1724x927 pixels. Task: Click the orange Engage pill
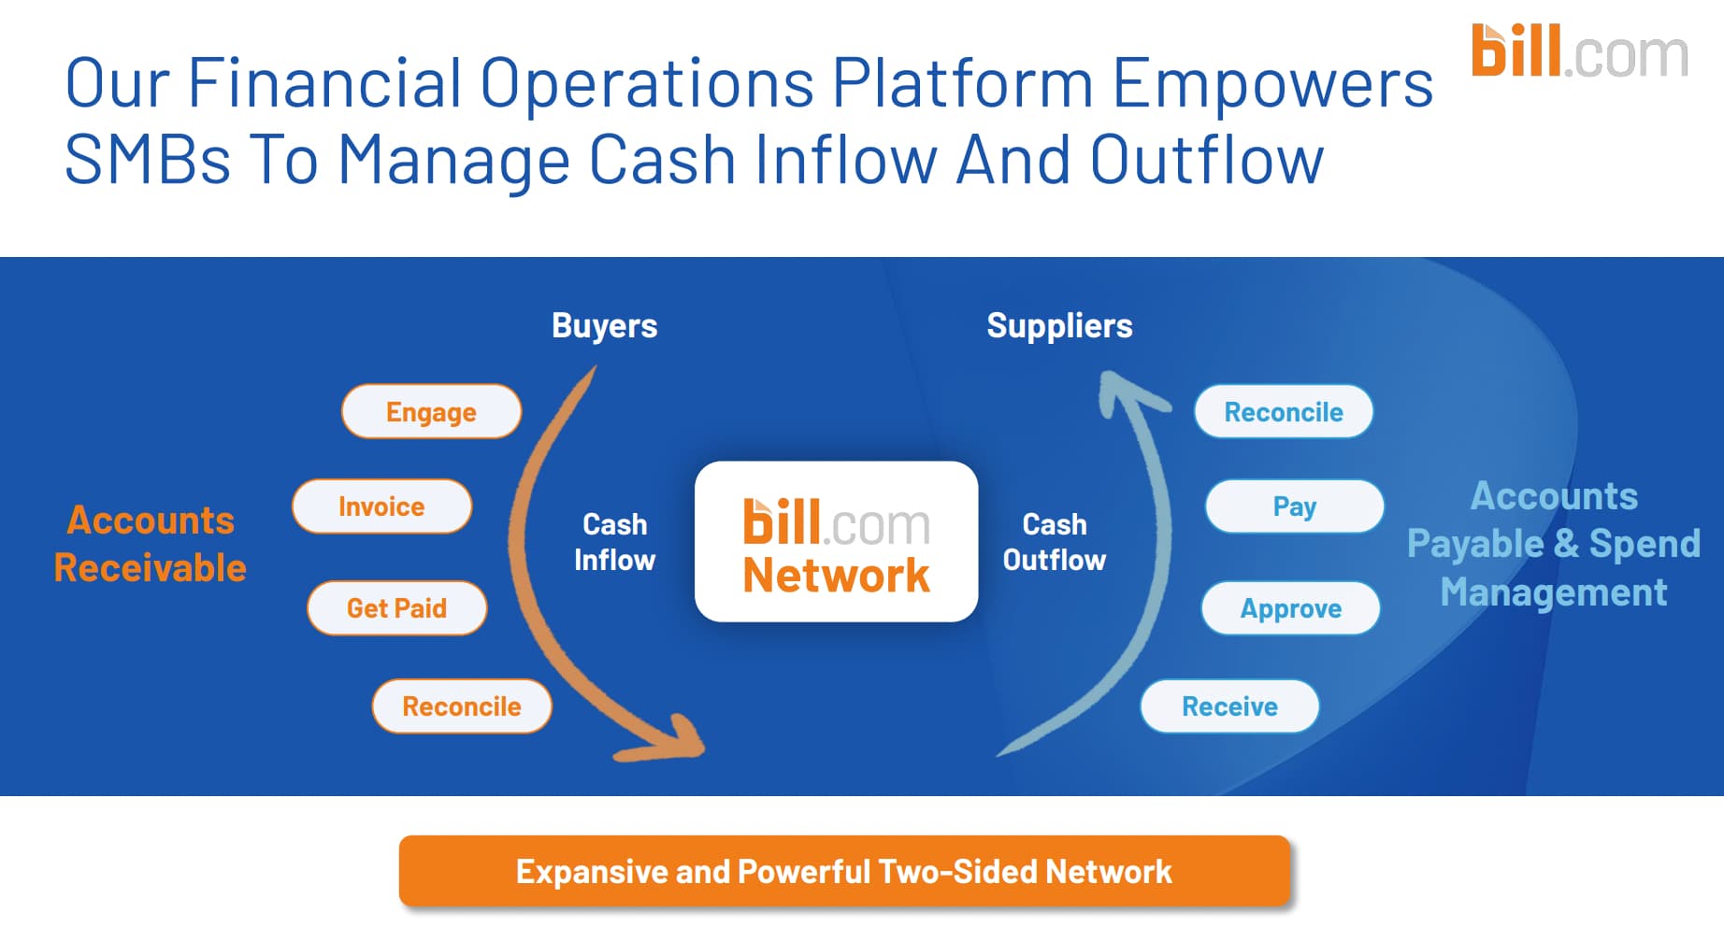pyautogui.click(x=431, y=411)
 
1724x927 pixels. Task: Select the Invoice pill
pyautogui.click(x=381, y=506)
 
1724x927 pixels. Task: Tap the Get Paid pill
pyautogui.click(x=396, y=608)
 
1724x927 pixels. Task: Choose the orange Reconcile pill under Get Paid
pyautogui.click(x=462, y=706)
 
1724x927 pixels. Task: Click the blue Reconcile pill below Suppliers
pyautogui.click(x=1284, y=411)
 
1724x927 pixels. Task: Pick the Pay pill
pyautogui.click(x=1295, y=506)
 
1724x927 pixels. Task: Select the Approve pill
pyautogui.click(x=1290, y=608)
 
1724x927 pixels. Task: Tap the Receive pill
pyautogui.click(x=1229, y=706)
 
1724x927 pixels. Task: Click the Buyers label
pyautogui.click(x=604, y=326)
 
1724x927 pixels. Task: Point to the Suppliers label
pyautogui.click(x=1059, y=326)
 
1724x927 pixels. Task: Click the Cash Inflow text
pyautogui.click(x=614, y=542)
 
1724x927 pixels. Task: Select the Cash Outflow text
pyautogui.click(x=1055, y=542)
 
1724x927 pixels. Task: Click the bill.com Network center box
pyautogui.click(x=836, y=542)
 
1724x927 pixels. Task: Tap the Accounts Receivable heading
pyautogui.click(x=151, y=544)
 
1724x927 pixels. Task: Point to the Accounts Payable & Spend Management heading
pyautogui.click(x=1554, y=544)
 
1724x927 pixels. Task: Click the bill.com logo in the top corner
pyautogui.click(x=1579, y=51)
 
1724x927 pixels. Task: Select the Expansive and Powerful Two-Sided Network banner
pyautogui.click(x=844, y=871)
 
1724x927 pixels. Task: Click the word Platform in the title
pyautogui.click(x=962, y=83)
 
